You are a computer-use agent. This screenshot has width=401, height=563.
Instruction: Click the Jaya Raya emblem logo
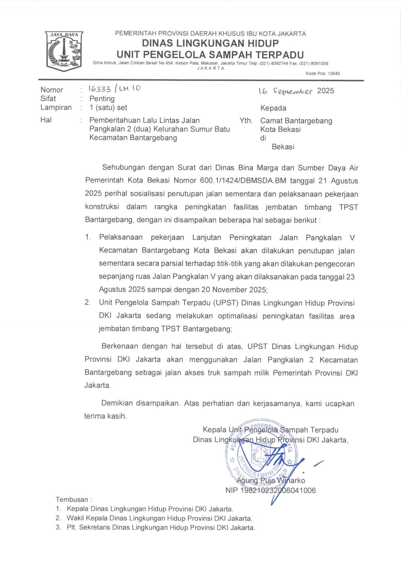click(64, 51)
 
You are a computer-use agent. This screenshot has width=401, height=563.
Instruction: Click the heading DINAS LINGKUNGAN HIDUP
click(210, 43)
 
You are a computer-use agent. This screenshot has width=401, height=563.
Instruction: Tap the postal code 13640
click(333, 73)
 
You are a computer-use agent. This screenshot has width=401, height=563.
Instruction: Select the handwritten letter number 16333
click(100, 89)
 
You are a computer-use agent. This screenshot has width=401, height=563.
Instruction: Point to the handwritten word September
click(293, 91)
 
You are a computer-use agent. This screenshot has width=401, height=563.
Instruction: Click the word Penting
click(102, 99)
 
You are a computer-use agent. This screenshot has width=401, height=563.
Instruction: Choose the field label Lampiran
click(56, 108)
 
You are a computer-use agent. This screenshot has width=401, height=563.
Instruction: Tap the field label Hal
click(46, 120)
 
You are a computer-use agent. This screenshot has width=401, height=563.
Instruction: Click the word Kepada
click(273, 108)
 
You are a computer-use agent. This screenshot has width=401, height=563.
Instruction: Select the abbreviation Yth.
click(246, 121)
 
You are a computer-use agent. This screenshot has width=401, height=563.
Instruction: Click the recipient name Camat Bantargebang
click(296, 121)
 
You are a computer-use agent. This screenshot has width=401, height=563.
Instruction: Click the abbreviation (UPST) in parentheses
click(226, 302)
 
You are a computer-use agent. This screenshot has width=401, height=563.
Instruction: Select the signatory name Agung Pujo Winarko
click(271, 481)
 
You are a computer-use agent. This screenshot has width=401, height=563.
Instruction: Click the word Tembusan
click(72, 500)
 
